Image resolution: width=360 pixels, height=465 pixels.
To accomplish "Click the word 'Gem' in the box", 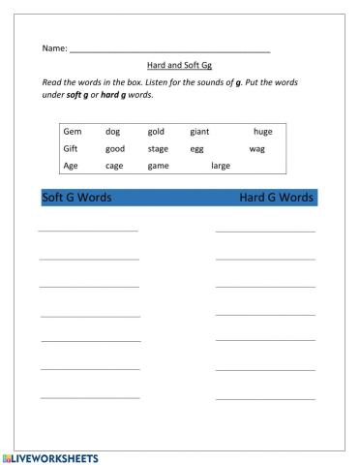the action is click(x=72, y=131).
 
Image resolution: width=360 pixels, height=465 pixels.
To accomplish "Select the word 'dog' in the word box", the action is click(x=112, y=131).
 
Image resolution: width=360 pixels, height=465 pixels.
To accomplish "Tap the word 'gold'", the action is click(x=157, y=131).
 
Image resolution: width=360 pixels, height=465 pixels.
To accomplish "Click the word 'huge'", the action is click(x=262, y=131).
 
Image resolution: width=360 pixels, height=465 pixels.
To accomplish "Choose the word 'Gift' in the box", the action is click(x=71, y=148).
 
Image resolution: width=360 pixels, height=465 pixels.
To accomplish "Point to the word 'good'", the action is click(x=115, y=148).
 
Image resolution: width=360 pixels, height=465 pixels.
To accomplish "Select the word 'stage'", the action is click(x=158, y=148).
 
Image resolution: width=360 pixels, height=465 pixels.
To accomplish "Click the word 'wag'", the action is click(x=256, y=148).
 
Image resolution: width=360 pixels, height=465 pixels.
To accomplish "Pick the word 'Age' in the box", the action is click(x=71, y=166).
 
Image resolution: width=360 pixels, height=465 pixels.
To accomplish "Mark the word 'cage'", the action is click(x=114, y=166).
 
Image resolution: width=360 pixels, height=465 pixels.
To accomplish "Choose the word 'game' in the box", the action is click(x=158, y=166).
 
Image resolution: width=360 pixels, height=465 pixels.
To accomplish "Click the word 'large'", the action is click(x=221, y=166).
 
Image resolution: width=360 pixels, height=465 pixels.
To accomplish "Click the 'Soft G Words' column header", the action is click(x=76, y=198).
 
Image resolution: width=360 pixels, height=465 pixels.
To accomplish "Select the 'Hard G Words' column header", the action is click(x=276, y=198).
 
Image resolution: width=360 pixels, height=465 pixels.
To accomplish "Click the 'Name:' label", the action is click(x=54, y=47).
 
